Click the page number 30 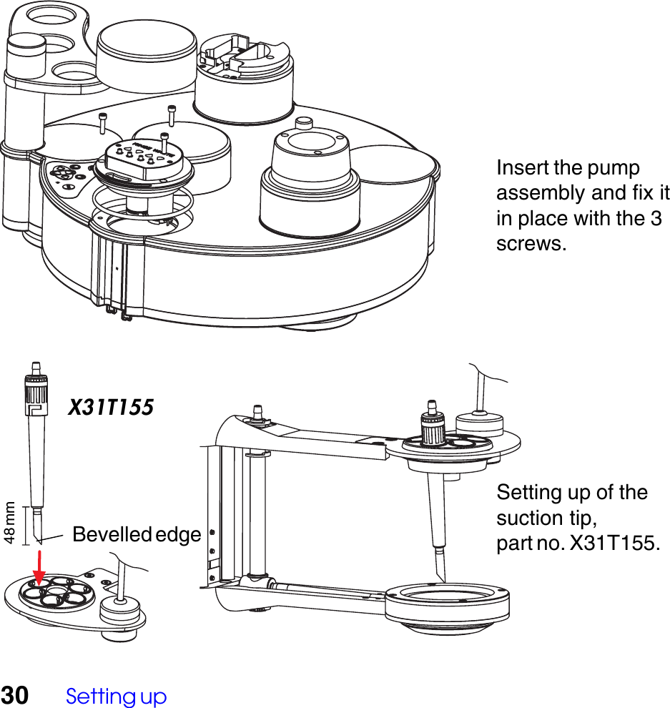[15, 695]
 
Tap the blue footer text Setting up [116, 697]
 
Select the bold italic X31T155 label [111, 408]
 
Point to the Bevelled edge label [137, 534]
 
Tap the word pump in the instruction [613, 169]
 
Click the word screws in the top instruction [530, 244]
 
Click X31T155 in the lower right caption [613, 543]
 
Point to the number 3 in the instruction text [655, 219]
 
